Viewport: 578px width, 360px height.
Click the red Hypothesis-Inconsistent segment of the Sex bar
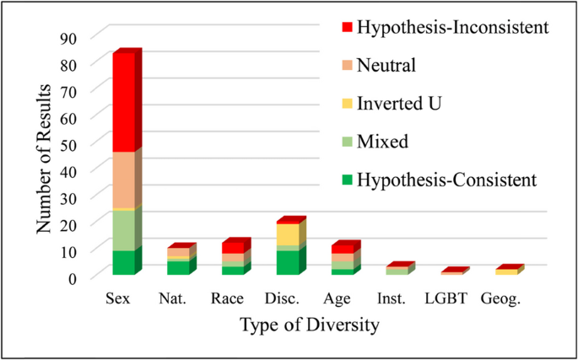click(124, 102)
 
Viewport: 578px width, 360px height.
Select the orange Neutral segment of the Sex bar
click(124, 180)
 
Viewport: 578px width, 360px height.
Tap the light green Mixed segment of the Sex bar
click(124, 231)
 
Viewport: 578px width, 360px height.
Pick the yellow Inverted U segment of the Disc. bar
click(288, 234)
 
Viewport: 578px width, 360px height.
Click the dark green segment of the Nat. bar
click(178, 268)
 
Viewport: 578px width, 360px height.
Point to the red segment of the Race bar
click(233, 248)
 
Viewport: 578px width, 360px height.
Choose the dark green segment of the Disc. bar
click(288, 263)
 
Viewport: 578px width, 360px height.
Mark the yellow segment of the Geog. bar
click(506, 272)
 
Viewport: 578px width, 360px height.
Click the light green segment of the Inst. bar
click(397, 272)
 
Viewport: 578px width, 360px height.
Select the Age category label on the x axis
click(337, 299)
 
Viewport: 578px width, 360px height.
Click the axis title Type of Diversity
click(310, 326)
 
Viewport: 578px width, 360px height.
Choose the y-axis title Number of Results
click(44, 159)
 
